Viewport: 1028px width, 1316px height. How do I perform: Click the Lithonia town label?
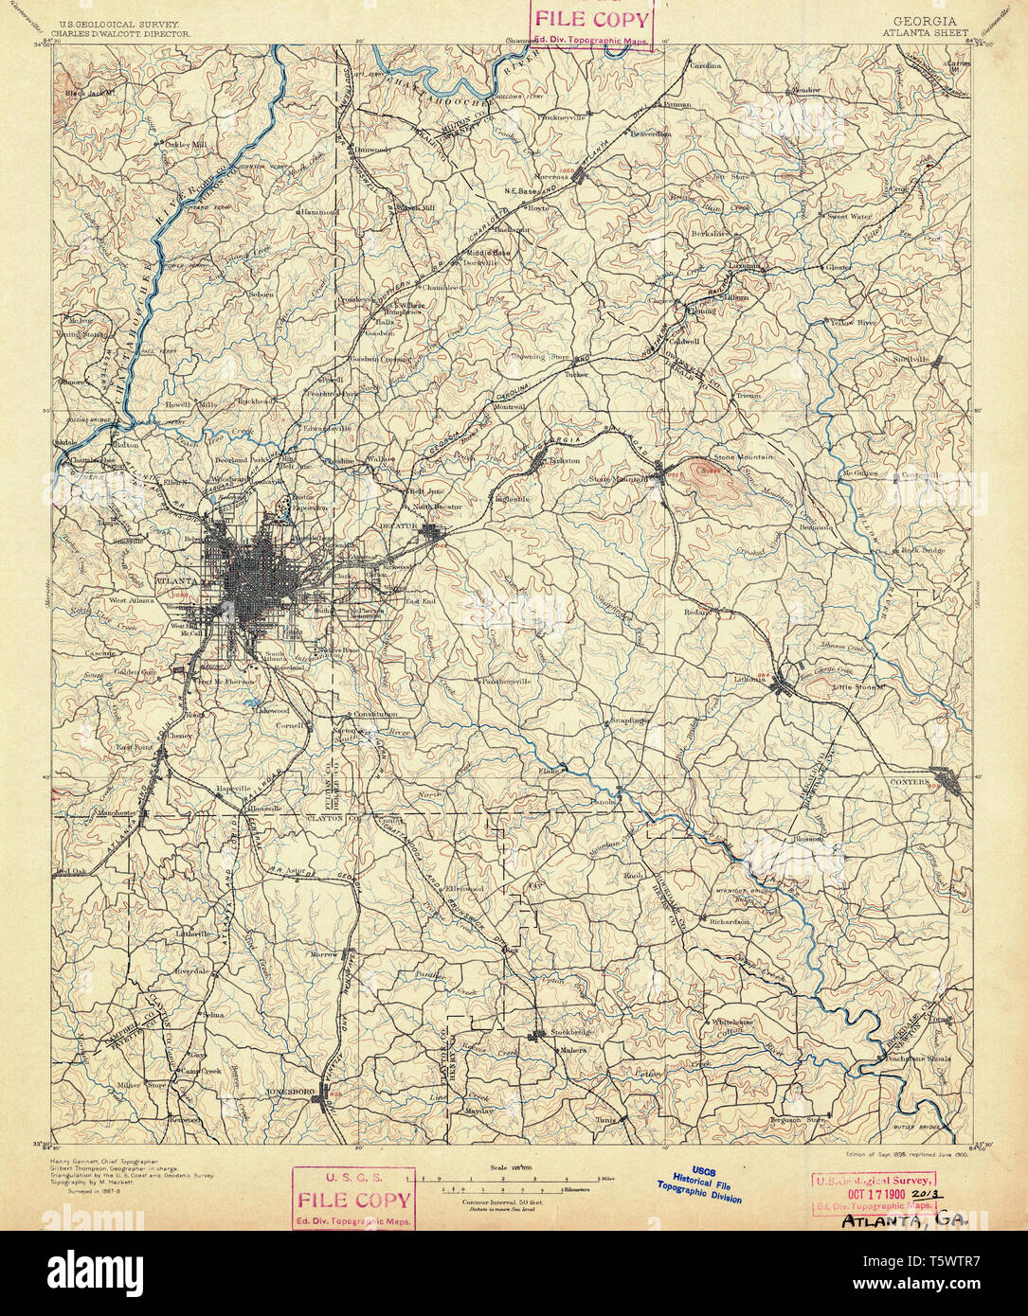point(748,679)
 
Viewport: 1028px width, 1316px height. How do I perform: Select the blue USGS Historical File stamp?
point(701,1184)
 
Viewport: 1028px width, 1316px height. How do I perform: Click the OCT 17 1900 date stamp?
point(873,1194)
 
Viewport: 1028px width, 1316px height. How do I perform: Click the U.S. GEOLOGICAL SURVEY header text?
point(120,23)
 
